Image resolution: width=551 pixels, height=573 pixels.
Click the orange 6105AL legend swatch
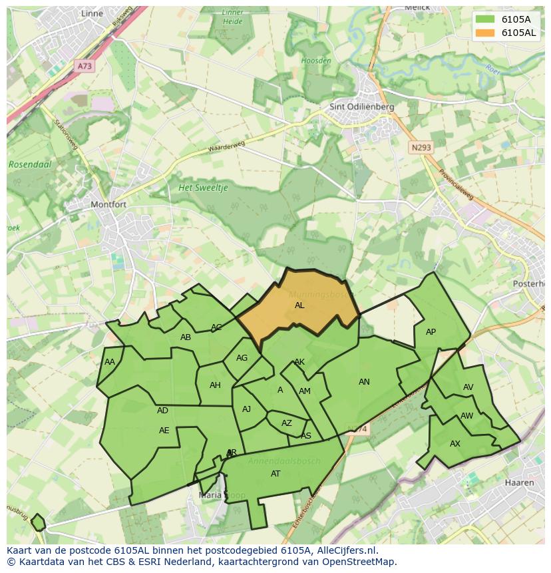pos(485,33)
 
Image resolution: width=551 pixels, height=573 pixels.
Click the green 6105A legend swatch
pos(485,19)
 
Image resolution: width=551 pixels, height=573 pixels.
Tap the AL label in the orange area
pos(299,305)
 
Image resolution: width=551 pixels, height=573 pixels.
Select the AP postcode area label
pos(431,332)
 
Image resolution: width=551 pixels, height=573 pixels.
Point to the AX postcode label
pos(455,444)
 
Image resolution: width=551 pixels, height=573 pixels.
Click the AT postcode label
pos(275,474)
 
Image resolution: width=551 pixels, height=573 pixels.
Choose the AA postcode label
pos(110,362)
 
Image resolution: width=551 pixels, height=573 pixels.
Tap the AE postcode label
pos(164,431)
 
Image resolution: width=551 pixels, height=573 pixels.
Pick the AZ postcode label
pos(287,423)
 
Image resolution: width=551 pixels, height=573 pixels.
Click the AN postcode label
pos(364,382)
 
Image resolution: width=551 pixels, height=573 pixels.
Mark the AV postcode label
pos(468,387)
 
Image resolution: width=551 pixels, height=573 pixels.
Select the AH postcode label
pos(215,385)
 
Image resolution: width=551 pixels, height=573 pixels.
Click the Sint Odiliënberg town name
pos(362,106)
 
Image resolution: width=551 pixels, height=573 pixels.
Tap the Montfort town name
pos(108,204)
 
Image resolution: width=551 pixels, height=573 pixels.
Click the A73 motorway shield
pos(85,67)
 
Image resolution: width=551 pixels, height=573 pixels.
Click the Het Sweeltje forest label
pos(203,188)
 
